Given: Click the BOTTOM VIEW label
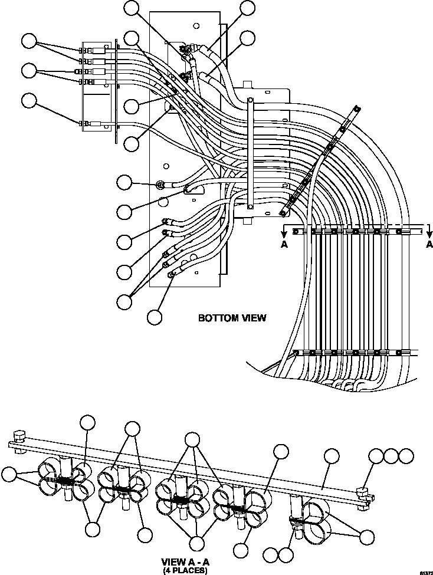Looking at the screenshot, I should click(x=232, y=318).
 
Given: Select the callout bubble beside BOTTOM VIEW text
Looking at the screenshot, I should click(x=155, y=316).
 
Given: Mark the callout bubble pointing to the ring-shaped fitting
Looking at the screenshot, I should click(x=124, y=182).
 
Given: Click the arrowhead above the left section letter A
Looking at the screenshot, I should click(x=284, y=234).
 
